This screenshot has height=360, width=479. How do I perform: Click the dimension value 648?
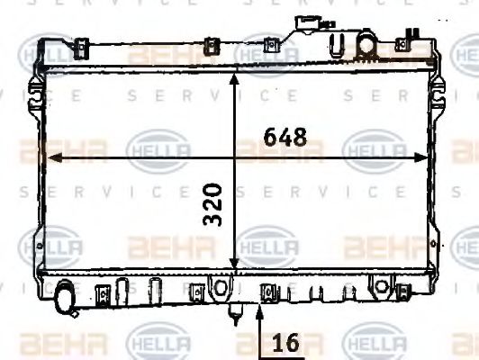(285, 137)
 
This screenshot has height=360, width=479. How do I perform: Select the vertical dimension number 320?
(213, 205)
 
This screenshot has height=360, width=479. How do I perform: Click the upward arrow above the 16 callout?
(259, 310)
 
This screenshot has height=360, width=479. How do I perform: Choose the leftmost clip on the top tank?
(80, 46)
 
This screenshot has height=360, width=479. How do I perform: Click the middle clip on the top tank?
(212, 46)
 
